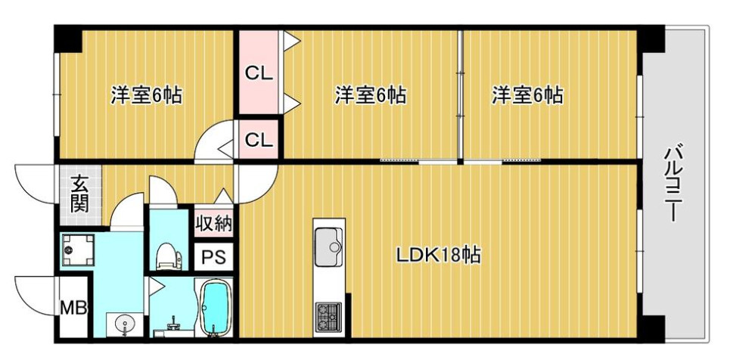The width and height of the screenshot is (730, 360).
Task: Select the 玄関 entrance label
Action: pos(78,194)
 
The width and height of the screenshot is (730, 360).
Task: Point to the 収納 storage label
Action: pos(214,223)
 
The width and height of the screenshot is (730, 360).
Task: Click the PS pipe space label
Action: pos(214,256)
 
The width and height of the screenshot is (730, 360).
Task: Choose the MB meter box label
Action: pos(74,308)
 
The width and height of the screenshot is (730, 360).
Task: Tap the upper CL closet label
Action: pos(258,74)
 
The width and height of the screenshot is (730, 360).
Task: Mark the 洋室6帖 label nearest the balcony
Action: pos(527,96)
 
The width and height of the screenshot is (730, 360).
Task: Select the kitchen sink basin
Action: pos(328,242)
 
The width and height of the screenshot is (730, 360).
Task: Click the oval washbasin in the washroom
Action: pos(122,324)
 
